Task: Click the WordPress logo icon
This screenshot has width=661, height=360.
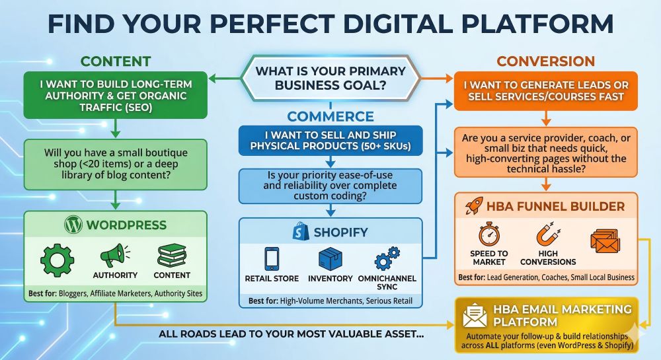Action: coord(73,225)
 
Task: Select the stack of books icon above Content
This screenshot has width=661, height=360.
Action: coord(171,256)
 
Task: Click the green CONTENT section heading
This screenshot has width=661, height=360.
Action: coord(115,61)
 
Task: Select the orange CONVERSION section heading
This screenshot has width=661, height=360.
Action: coord(545,61)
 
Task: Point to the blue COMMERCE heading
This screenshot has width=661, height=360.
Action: coord(330,116)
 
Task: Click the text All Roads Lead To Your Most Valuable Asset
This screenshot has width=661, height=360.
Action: coord(291,334)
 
